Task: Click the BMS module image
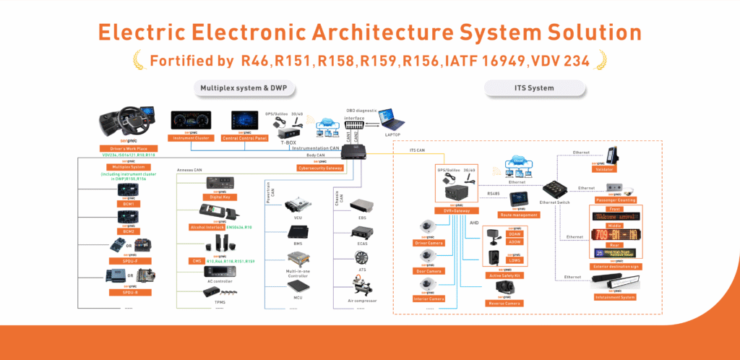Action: pyautogui.click(x=297, y=232)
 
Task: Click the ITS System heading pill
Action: pyautogui.click(x=518, y=88)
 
